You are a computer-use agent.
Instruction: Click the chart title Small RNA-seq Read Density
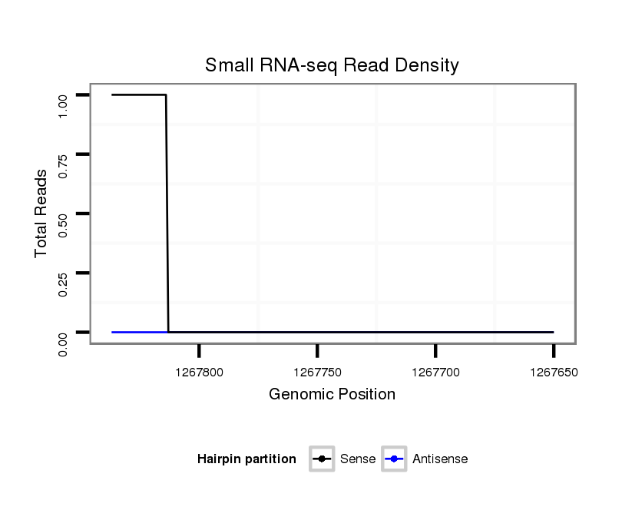[x=332, y=65]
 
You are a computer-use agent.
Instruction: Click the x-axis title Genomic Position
[x=332, y=395]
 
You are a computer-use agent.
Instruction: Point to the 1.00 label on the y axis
[x=64, y=105]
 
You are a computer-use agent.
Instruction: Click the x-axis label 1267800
[x=199, y=372]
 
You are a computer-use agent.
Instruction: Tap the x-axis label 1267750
[x=317, y=372]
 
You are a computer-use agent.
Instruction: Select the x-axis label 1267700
[x=435, y=372]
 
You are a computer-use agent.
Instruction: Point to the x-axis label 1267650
[x=553, y=372]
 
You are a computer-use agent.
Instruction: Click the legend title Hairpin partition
[x=246, y=459]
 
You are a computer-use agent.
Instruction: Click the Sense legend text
[x=358, y=459]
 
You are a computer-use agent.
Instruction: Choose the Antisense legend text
[x=440, y=459]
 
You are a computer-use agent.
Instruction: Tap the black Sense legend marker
[x=321, y=459]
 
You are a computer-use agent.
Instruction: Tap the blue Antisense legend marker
[x=393, y=459]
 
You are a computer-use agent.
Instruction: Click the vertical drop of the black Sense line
[x=167, y=215]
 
